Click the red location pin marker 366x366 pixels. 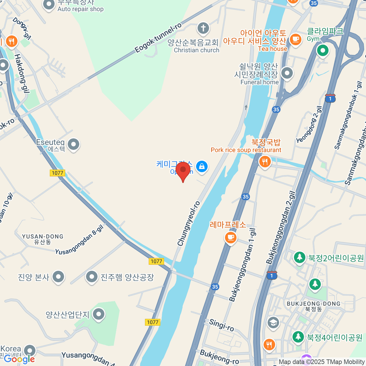(x=183, y=170)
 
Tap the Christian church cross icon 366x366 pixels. (x=203, y=28)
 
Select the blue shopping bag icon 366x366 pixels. (x=202, y=166)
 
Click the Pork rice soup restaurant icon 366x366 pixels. (x=265, y=162)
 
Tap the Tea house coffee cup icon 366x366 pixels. (x=295, y=39)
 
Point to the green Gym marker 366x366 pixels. (x=322, y=50)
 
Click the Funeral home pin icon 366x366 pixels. (x=287, y=73)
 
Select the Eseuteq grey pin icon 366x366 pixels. (x=73, y=144)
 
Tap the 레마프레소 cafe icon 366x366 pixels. (x=231, y=237)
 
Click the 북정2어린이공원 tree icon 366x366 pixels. (x=300, y=257)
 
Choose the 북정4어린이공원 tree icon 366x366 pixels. (x=298, y=337)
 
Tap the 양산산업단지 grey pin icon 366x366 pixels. (x=99, y=314)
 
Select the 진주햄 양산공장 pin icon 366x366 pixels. (x=91, y=277)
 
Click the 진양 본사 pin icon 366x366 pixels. (x=58, y=277)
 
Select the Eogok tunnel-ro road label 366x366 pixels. (x=158, y=38)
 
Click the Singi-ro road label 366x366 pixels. (x=221, y=325)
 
